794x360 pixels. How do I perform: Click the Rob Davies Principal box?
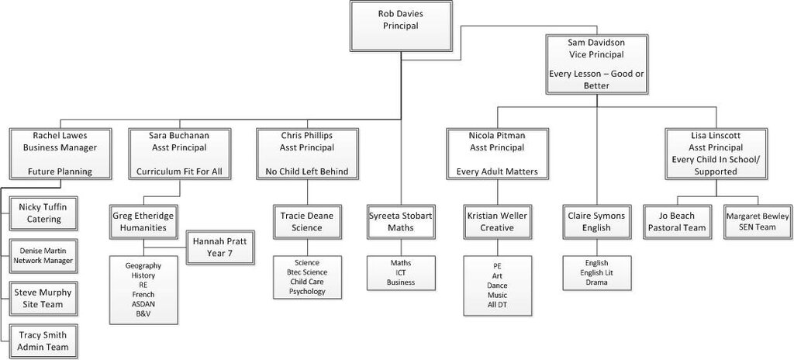[x=401, y=26]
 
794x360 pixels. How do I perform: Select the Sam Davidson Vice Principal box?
[x=596, y=64]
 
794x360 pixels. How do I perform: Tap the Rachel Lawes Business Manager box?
[x=60, y=153]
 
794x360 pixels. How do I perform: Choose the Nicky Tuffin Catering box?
[x=43, y=213]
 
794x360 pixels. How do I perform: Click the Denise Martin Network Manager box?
[x=43, y=256]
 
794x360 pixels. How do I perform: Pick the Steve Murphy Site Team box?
[x=43, y=299]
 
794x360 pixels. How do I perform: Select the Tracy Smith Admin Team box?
[x=43, y=341]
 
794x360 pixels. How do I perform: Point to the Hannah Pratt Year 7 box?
[x=219, y=247]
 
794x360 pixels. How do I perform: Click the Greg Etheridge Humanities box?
[x=143, y=222]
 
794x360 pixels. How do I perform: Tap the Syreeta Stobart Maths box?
[x=401, y=222]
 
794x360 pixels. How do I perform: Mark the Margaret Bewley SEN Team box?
[x=758, y=222]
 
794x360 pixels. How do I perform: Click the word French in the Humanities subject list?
[x=143, y=295]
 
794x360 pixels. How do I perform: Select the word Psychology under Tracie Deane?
[x=307, y=292]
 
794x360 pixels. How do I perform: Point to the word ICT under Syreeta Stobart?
[x=401, y=273]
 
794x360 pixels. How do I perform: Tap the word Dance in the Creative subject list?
[x=497, y=286]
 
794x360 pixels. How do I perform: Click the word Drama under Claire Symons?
[x=596, y=282]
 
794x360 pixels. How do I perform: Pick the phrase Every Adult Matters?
[x=497, y=172]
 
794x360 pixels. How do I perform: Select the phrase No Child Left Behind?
[x=307, y=172]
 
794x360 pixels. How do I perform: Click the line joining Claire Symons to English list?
[x=596, y=247]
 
